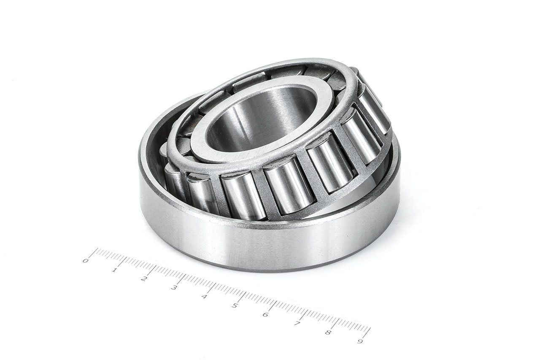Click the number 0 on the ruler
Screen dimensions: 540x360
85,261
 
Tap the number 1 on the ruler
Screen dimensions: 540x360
114,270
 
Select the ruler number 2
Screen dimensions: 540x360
143,279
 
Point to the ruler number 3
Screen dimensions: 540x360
173,288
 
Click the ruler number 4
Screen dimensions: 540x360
204,297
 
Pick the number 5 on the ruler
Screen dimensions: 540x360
234,306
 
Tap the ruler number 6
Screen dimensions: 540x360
265,315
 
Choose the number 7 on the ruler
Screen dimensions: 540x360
296,324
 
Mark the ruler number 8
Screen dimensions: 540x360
328,333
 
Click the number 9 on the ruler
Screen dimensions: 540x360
360,341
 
